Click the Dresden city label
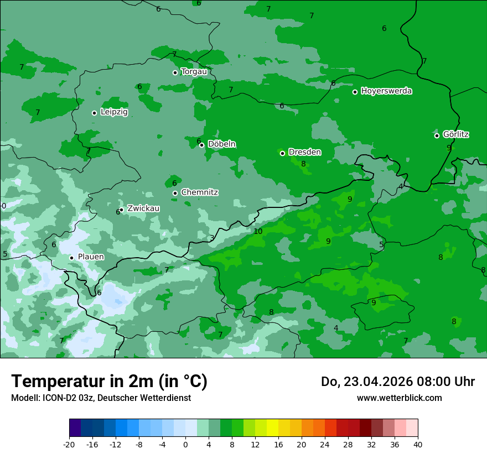point(304,152)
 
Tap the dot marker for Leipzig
point(94,113)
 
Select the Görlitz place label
point(456,134)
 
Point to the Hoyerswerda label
point(386,91)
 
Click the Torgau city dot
point(175,72)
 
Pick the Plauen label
point(91,257)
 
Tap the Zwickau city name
point(143,208)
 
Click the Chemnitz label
point(199,192)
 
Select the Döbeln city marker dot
point(201,145)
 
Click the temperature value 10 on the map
point(258,231)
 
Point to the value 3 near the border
point(212,238)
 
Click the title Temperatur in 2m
point(109,382)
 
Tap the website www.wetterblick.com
point(399,398)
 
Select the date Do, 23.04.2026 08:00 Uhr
point(397,382)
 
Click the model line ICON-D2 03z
point(101,398)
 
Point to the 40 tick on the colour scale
point(418,444)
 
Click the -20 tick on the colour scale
point(69,444)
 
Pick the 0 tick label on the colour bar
point(185,444)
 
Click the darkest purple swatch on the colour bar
point(75,428)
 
